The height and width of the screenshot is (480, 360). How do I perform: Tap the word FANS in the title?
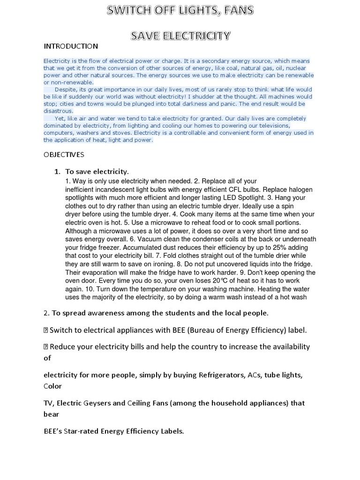pyautogui.click(x=240, y=10)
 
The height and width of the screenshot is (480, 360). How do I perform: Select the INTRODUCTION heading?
pyautogui.click(x=71, y=46)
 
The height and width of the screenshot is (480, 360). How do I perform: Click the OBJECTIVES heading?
pyautogui.click(x=64, y=154)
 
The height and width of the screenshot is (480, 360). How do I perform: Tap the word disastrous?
pyautogui.click(x=59, y=111)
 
